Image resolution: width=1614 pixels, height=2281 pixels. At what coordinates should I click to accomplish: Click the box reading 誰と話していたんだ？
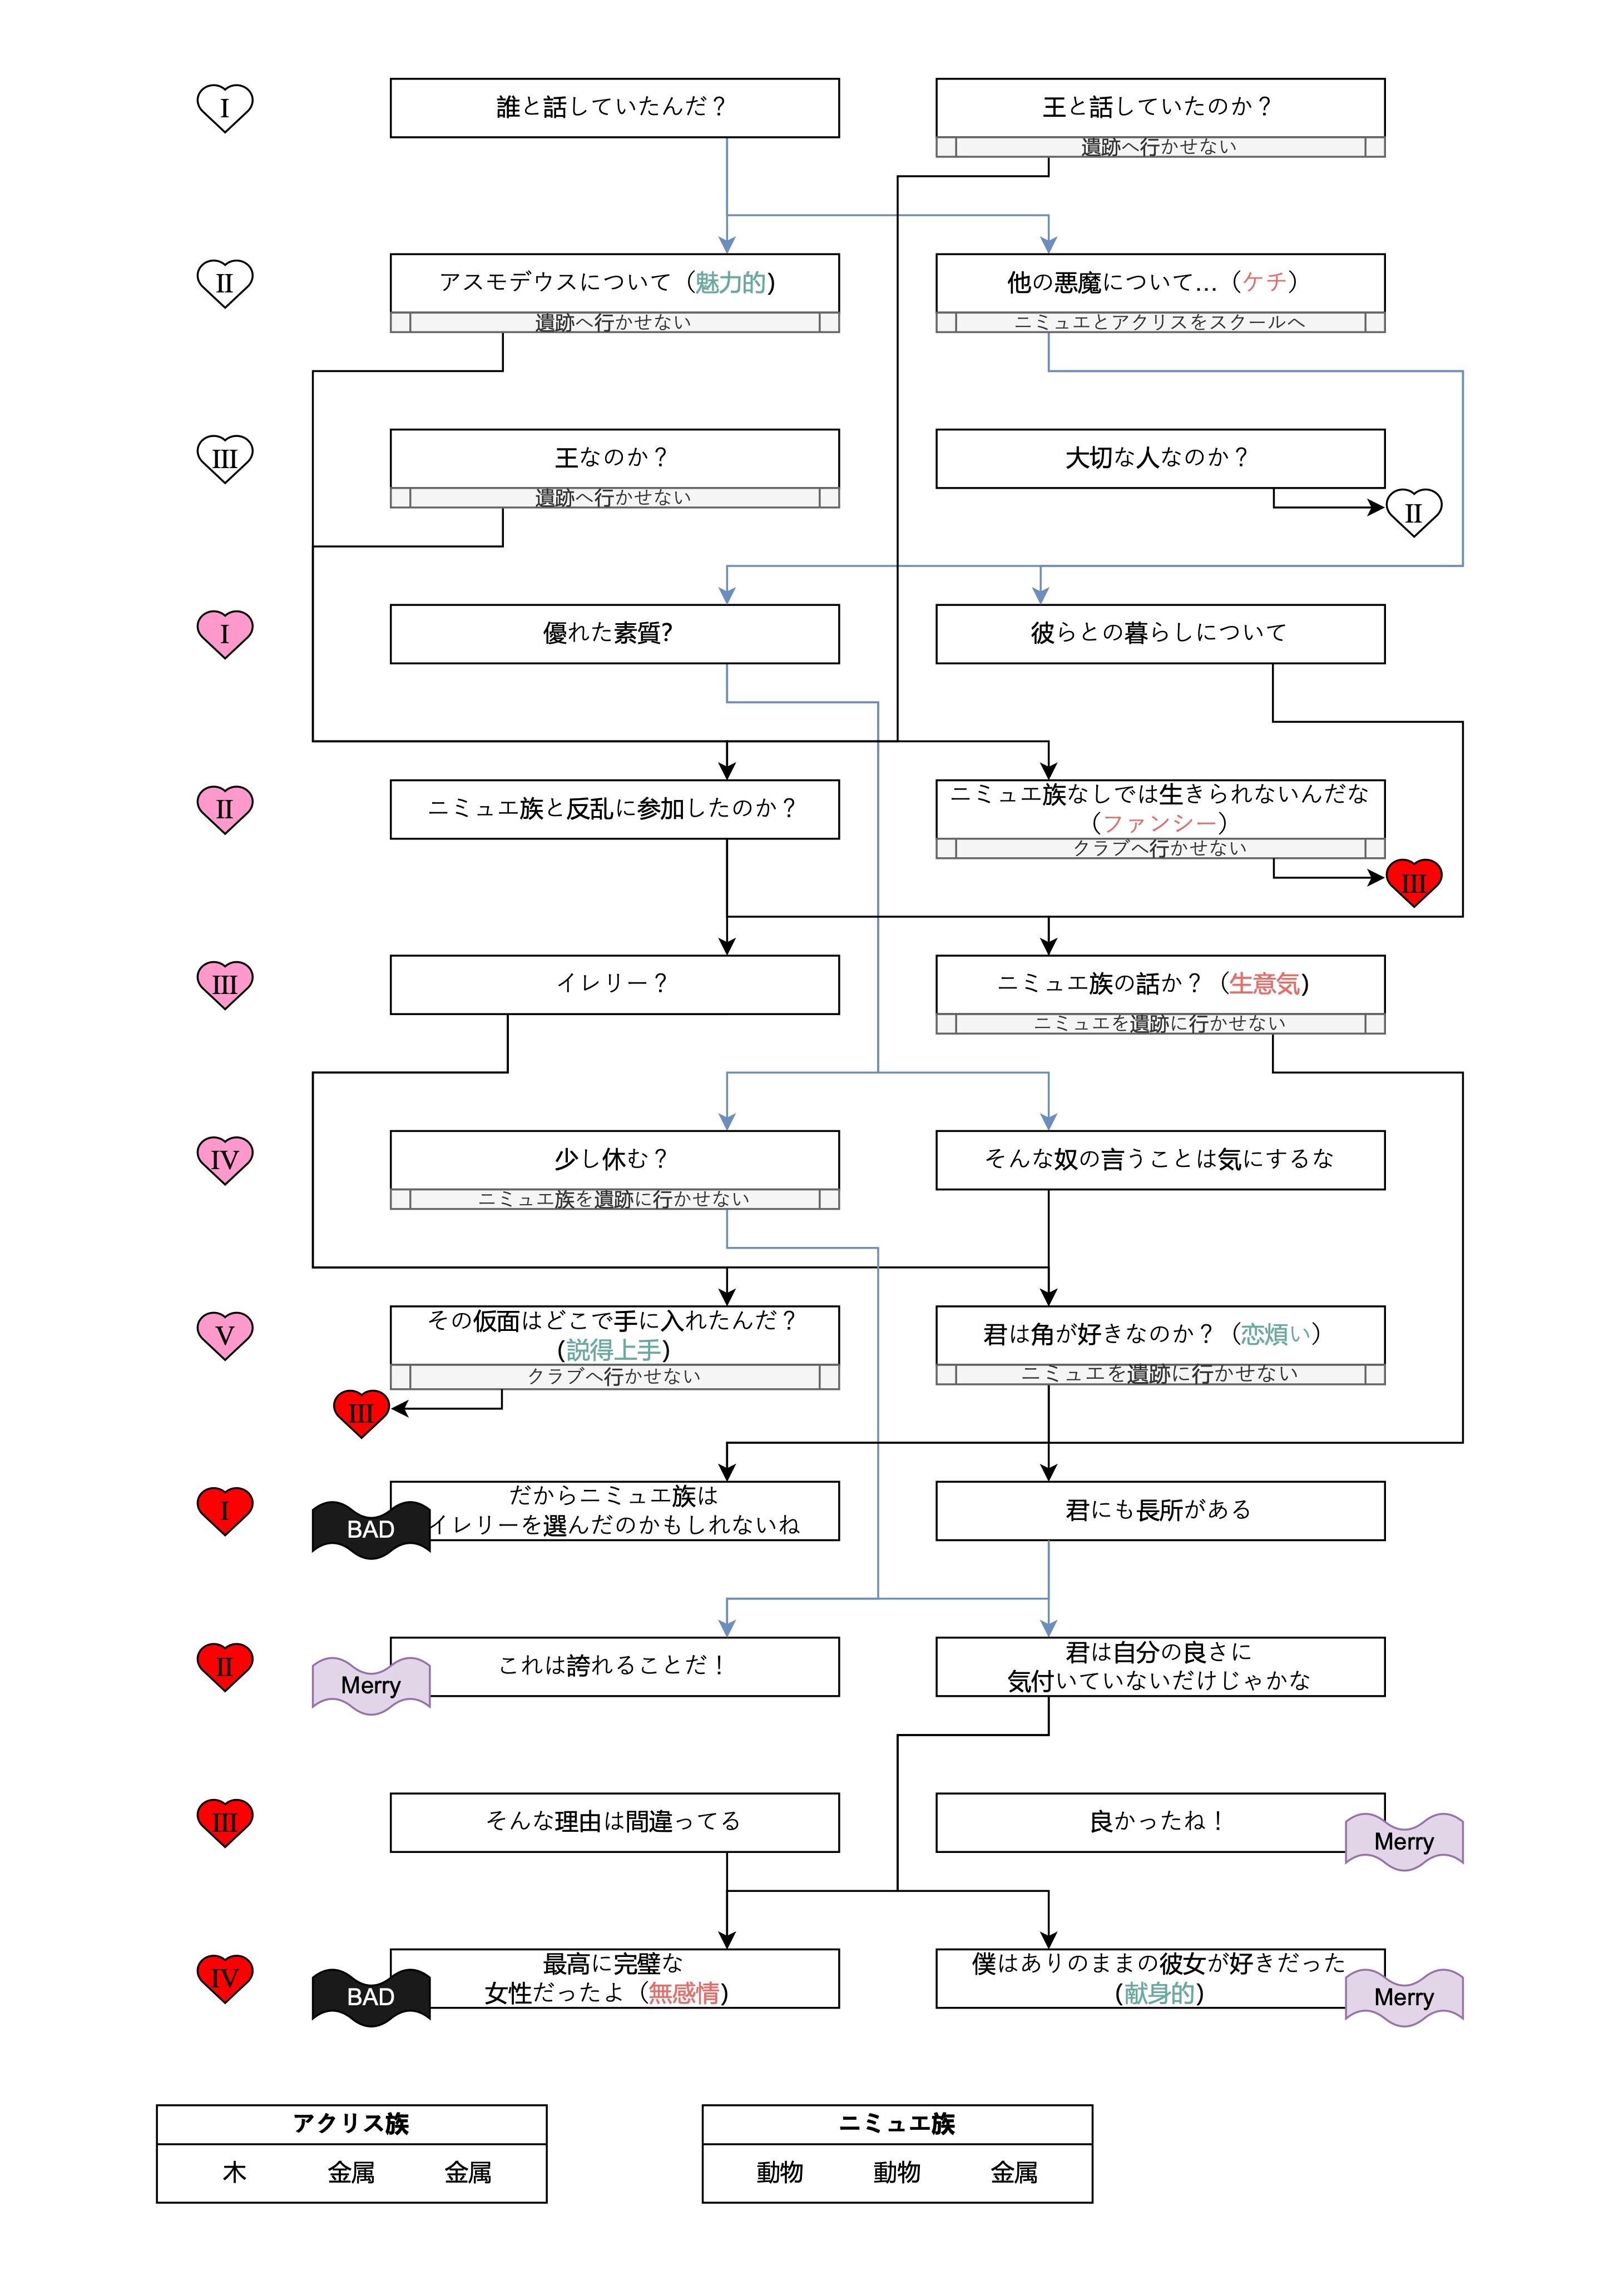pos(614,107)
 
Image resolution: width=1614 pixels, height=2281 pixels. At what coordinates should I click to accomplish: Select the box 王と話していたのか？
pos(1159,107)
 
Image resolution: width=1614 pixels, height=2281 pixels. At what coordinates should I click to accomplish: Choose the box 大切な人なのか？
pos(1159,458)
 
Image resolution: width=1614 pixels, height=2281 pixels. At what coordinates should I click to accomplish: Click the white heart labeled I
pos(225,107)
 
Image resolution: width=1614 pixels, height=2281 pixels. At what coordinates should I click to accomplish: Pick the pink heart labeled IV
pos(225,1159)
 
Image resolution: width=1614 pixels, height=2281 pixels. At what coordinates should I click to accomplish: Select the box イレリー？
pos(614,983)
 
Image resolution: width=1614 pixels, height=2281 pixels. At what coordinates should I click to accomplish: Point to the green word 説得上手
pos(613,1350)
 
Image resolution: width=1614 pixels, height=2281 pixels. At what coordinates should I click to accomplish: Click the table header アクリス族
pos(351,2124)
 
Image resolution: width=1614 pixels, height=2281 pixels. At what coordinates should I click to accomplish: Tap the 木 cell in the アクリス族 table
pos(235,2173)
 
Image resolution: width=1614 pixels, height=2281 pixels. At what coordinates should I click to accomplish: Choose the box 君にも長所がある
pos(1159,1510)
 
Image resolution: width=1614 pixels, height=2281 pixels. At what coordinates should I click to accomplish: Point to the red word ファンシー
pos(1159,823)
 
